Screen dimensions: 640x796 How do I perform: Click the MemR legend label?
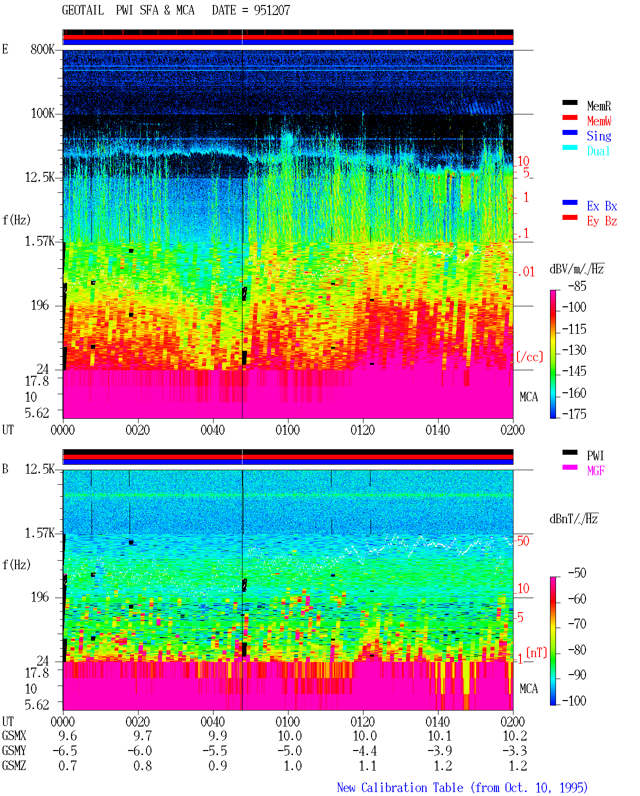click(598, 106)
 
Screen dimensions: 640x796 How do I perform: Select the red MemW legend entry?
click(599, 120)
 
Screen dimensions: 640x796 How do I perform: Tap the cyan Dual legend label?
click(598, 151)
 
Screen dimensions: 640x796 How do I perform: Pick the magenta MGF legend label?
click(595, 471)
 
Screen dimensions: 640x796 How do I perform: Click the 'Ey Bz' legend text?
click(602, 221)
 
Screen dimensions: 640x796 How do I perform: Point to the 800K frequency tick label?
click(42, 49)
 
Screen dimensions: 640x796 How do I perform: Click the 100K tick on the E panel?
click(42, 113)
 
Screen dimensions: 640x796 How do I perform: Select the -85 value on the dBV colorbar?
click(577, 286)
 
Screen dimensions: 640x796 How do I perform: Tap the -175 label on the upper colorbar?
click(574, 414)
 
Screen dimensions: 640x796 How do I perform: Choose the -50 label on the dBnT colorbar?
click(577, 573)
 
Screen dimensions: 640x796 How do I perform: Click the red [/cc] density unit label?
click(529, 357)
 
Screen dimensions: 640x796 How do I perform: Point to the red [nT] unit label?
click(536, 653)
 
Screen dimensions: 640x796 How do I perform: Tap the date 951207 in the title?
click(272, 10)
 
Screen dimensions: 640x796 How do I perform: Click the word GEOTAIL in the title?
click(83, 10)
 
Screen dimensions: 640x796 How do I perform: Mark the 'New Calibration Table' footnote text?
click(400, 788)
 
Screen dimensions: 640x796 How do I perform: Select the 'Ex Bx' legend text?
click(602, 206)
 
